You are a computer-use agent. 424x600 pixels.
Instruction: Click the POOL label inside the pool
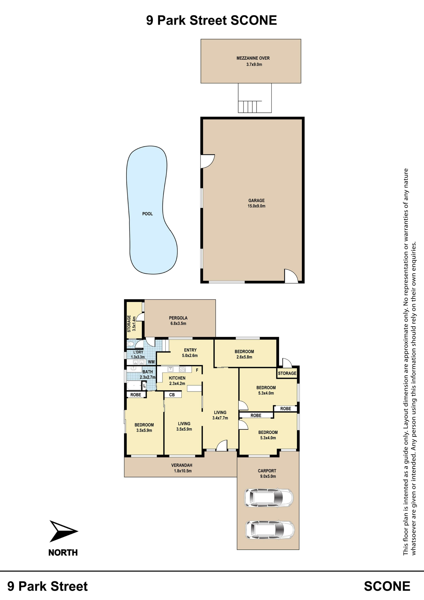pos(147,214)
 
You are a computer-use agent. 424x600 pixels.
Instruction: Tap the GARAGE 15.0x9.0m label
pos(256,203)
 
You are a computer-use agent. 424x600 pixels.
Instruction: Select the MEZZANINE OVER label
pos(253,58)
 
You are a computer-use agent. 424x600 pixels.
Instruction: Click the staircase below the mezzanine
pos(250,107)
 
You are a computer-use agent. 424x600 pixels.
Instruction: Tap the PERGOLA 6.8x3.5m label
pos(178,321)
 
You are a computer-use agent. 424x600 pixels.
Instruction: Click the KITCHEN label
pos(177,378)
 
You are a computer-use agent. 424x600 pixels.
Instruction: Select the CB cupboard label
pos(172,395)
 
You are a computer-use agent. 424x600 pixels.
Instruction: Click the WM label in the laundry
pos(151,362)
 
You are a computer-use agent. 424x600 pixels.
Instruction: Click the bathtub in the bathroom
pos(134,385)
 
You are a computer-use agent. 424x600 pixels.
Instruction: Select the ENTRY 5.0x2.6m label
pos(190,353)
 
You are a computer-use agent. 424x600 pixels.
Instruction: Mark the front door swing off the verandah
pos(222,445)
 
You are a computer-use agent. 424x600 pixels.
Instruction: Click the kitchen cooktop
pos(182,370)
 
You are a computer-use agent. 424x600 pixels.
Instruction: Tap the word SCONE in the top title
pos(254,20)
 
